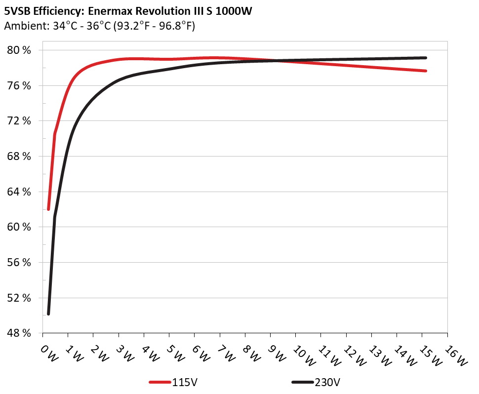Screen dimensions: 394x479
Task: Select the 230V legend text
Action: point(327,382)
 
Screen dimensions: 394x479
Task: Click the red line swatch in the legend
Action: point(160,382)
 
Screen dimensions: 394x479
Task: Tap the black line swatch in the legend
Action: point(303,382)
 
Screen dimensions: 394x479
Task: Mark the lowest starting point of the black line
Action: point(48,314)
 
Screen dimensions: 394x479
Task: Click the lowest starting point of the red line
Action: point(48,209)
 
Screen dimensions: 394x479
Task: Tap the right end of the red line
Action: point(426,71)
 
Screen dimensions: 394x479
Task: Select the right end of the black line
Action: point(426,58)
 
